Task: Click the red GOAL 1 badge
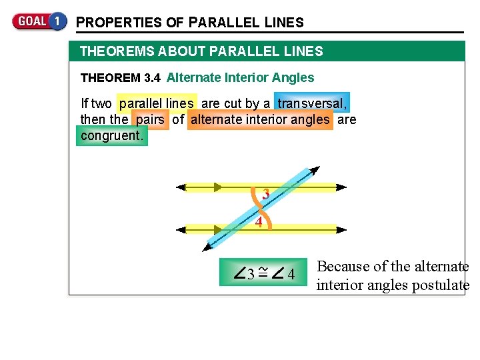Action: coord(39,21)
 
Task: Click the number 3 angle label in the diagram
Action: coord(265,195)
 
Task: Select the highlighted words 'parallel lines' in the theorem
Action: coord(157,103)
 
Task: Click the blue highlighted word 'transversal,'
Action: coord(312,103)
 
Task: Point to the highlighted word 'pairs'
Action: coord(151,120)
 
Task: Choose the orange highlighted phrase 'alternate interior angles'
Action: coord(260,120)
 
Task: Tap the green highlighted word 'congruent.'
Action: coord(112,136)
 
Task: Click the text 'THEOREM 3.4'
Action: coord(120,78)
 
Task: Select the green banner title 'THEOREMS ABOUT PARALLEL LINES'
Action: coord(201,51)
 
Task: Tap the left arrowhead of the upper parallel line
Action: coord(179,187)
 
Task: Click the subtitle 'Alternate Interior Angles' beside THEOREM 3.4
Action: coord(240,77)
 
